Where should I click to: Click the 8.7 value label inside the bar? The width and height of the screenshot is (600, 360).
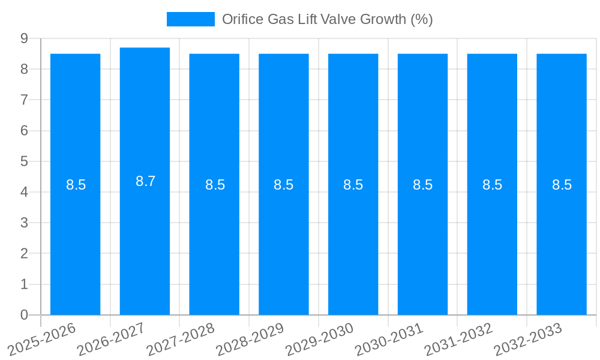pyautogui.click(x=145, y=181)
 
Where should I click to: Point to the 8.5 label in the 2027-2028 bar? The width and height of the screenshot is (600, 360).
pyautogui.click(x=215, y=185)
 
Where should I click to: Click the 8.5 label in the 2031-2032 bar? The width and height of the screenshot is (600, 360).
pyautogui.click(x=492, y=185)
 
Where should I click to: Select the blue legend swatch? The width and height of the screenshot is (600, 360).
pyautogui.click(x=190, y=19)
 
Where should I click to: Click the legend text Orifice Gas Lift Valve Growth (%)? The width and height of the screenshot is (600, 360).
pyautogui.click(x=327, y=19)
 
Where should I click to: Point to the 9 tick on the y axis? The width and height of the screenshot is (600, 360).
pyautogui.click(x=24, y=38)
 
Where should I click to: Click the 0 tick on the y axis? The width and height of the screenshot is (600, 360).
pyautogui.click(x=24, y=315)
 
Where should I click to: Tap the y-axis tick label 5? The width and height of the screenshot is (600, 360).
pyautogui.click(x=24, y=161)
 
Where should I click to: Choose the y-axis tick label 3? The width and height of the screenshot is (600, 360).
pyautogui.click(x=24, y=223)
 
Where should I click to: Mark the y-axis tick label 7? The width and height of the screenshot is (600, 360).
pyautogui.click(x=24, y=100)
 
